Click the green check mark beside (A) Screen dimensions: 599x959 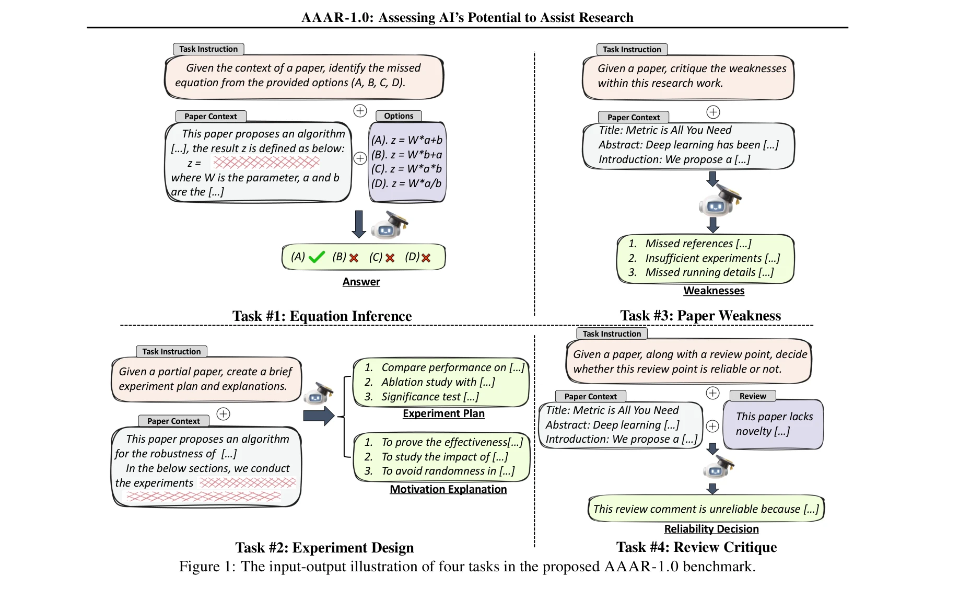coord(317,257)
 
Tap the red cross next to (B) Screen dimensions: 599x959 coord(354,258)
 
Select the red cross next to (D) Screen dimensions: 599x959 coord(426,258)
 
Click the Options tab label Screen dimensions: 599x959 coord(399,116)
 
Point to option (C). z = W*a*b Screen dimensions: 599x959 coord(406,169)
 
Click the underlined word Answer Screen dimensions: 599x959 coord(361,282)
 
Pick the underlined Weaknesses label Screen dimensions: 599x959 coord(714,291)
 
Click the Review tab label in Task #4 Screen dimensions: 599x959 coord(752,396)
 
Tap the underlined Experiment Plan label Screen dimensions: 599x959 coord(443,413)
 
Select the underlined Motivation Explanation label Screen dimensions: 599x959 coord(448,489)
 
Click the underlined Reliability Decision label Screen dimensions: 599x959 coord(711,529)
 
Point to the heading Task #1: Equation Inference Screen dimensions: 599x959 coord(322,316)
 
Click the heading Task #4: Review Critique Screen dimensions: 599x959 coord(696,547)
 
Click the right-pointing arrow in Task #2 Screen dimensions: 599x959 coord(318,416)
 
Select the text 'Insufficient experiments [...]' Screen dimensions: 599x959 coord(712,258)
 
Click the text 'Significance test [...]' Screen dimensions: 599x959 coord(430,397)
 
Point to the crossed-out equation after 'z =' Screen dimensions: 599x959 coord(266,163)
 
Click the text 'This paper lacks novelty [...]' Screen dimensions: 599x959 coord(774,424)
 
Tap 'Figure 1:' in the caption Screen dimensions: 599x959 coord(207,567)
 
